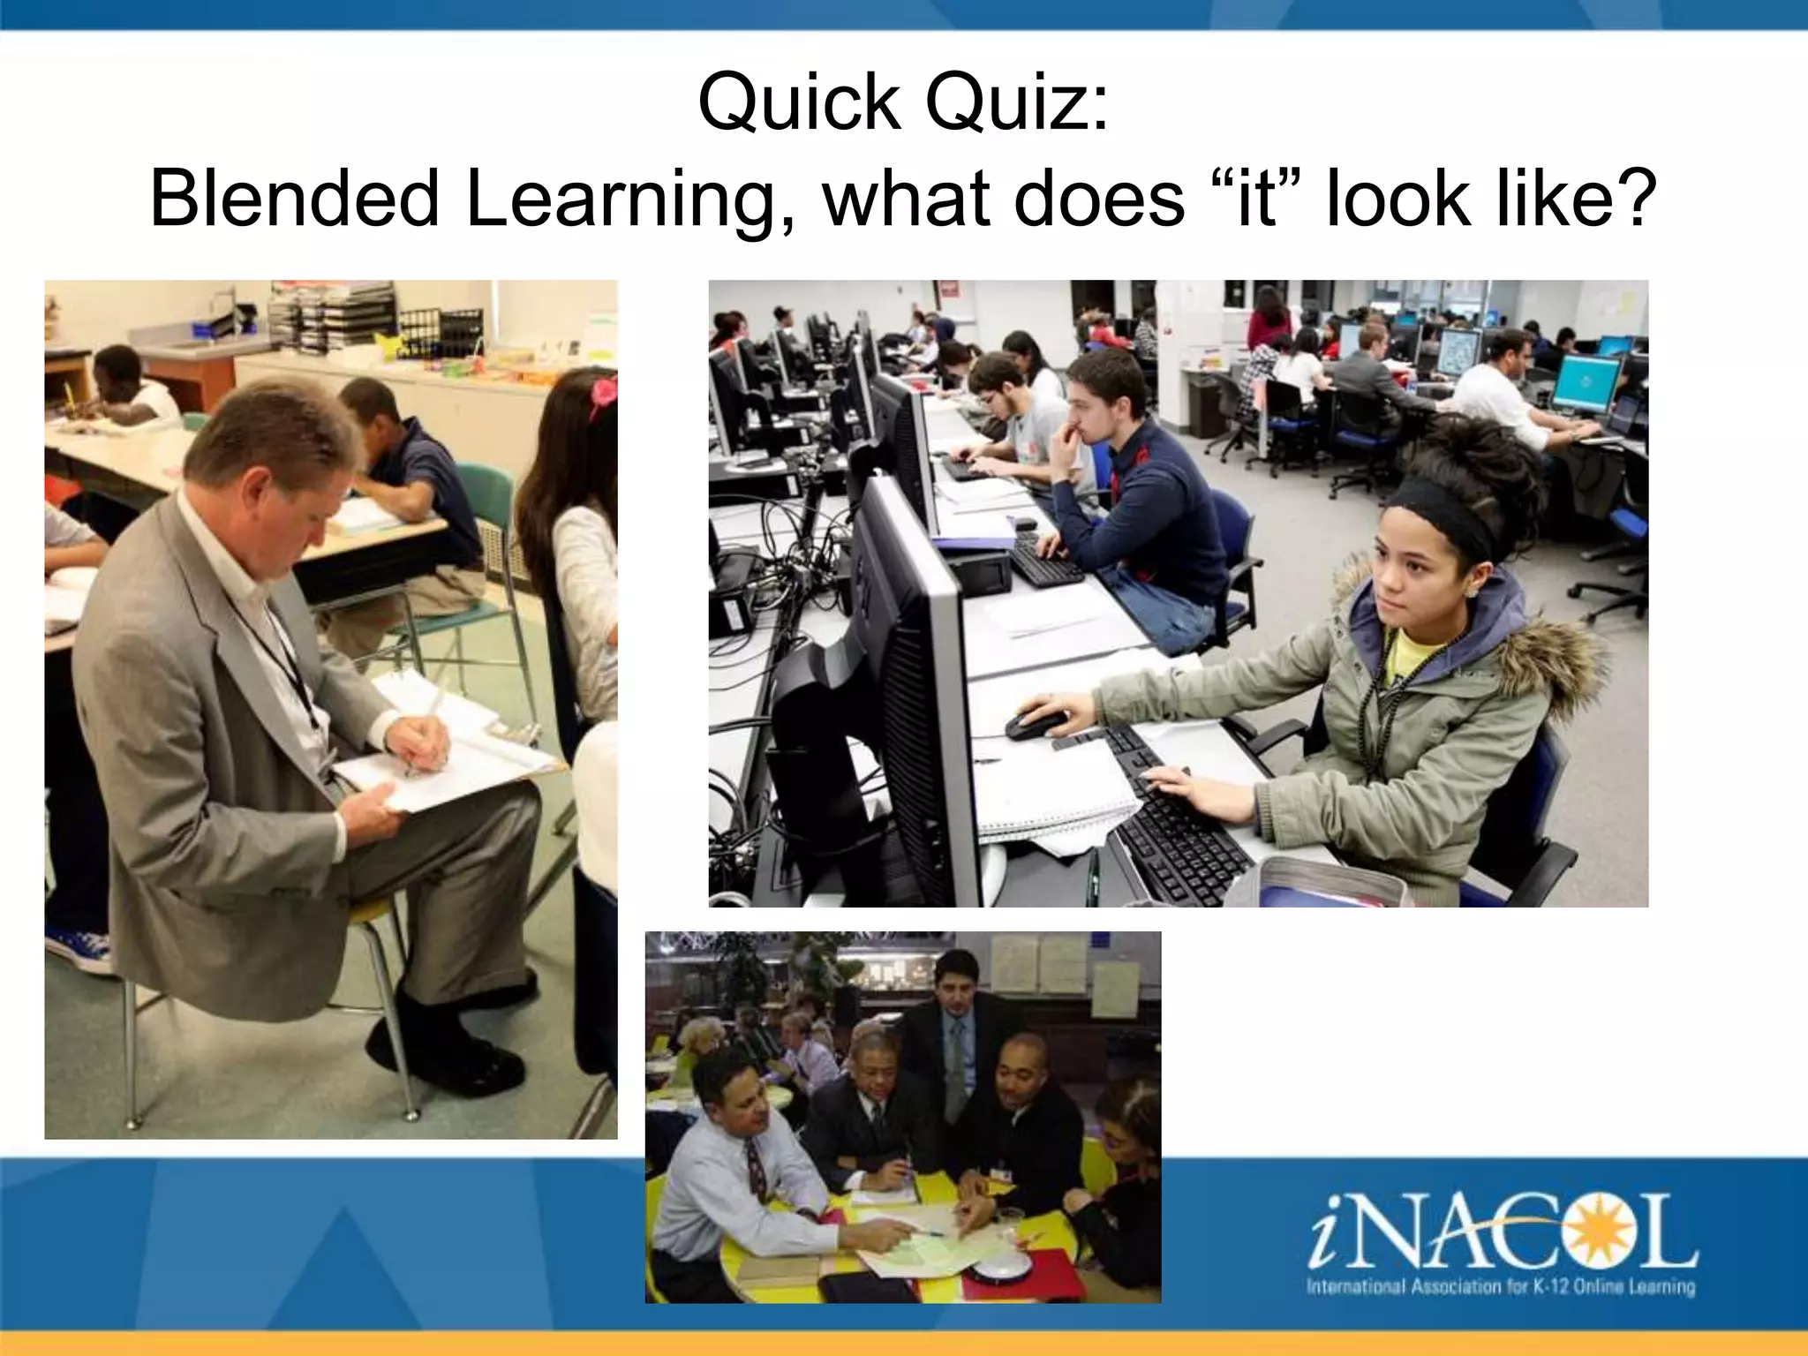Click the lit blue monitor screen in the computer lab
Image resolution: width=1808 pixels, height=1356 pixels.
pos(1586,383)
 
